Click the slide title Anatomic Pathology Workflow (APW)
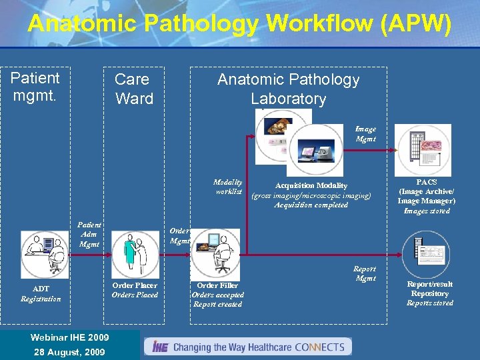tap(239, 24)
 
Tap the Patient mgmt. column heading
tap(35, 87)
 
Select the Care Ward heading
tap(133, 89)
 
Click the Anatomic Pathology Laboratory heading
tap(288, 89)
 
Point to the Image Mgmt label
tap(365, 134)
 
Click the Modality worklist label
tap(227, 187)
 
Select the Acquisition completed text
tap(311, 205)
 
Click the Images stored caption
tap(427, 211)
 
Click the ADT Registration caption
tap(41, 294)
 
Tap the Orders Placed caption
tap(135, 295)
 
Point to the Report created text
tap(217, 304)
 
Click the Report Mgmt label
tap(365, 273)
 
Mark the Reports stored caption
tap(431, 303)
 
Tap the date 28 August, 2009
tap(69, 351)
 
